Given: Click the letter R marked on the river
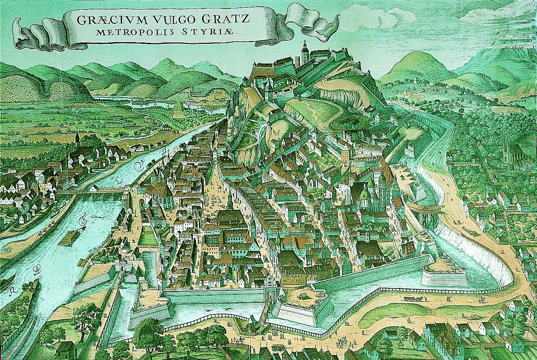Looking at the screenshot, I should [10, 292].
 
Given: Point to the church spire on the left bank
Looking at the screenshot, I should [77, 136].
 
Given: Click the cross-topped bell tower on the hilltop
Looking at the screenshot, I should [305, 51].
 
